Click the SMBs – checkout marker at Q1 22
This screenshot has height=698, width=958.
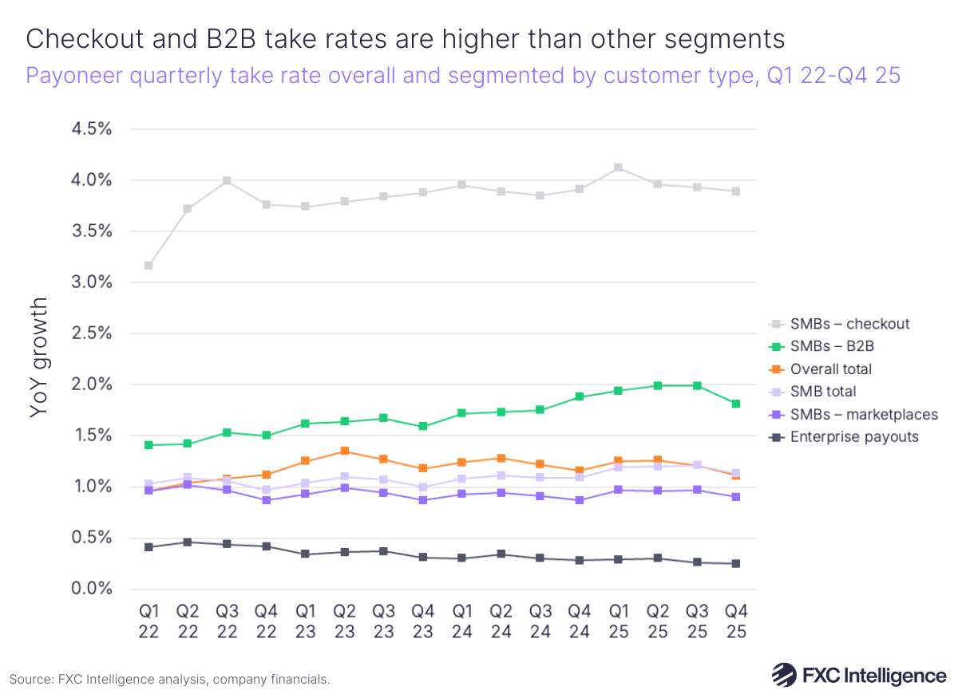(148, 266)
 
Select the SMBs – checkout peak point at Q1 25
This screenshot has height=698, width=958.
(618, 168)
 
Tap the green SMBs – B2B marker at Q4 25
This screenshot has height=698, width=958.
(735, 404)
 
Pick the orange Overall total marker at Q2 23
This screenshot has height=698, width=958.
(344, 451)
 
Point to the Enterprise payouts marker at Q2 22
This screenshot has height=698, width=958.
(188, 542)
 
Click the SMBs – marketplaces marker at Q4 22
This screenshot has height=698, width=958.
(266, 500)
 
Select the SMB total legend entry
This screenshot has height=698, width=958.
(822, 392)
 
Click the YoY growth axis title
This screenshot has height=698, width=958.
(38, 358)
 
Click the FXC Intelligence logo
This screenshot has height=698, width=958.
(858, 675)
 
